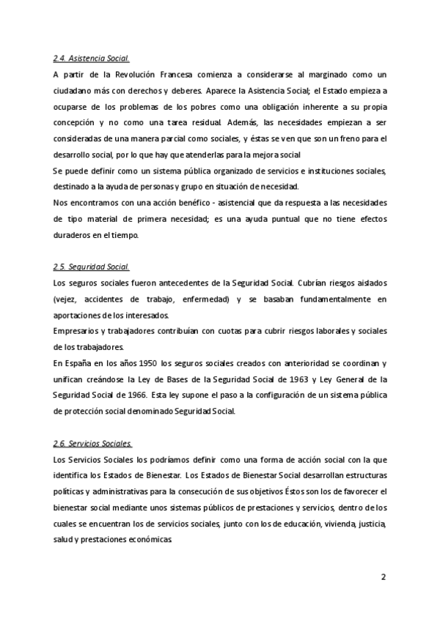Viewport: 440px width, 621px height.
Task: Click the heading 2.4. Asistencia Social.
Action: [x=92, y=59]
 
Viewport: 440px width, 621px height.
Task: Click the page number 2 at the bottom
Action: [x=383, y=577]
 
